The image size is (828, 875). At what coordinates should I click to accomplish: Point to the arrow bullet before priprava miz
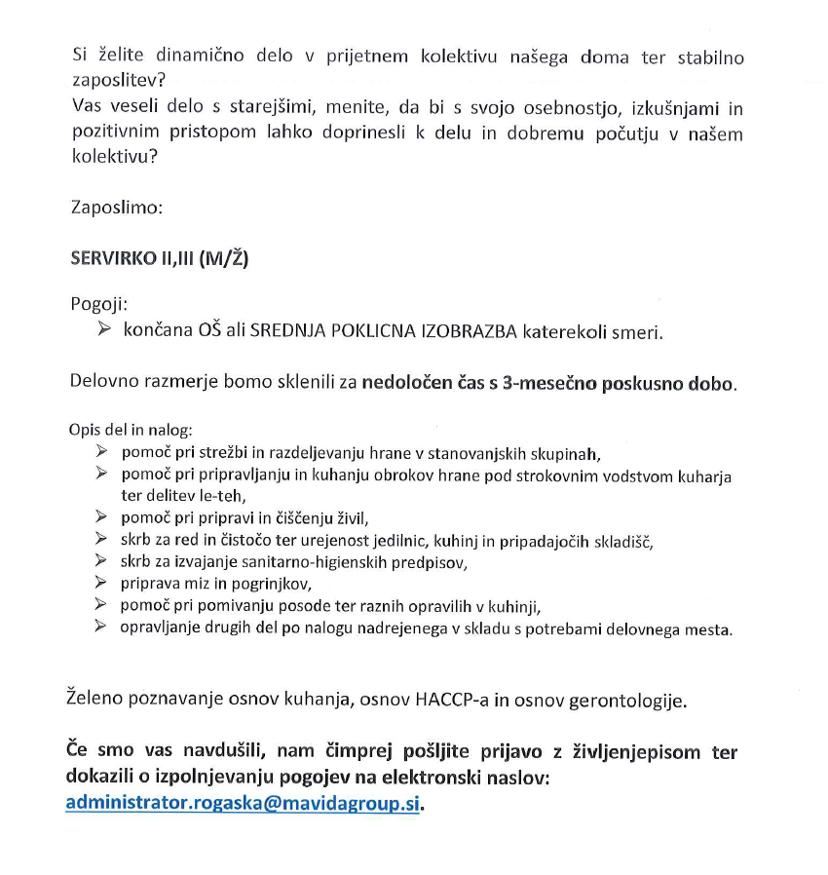100,583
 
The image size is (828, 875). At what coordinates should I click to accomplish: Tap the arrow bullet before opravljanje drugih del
100,628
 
